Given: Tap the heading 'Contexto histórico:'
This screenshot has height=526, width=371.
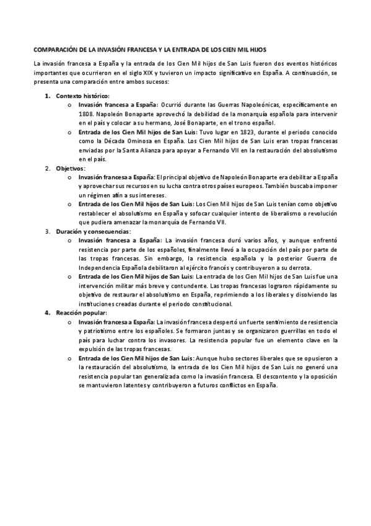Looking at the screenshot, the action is [82, 96].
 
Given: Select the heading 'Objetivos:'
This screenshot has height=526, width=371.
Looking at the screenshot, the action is [71, 168].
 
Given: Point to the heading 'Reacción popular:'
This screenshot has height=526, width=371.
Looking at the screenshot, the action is [81, 313].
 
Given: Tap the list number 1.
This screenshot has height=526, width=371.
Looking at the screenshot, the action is [47, 96].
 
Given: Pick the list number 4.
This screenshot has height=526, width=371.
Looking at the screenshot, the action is [47, 313].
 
